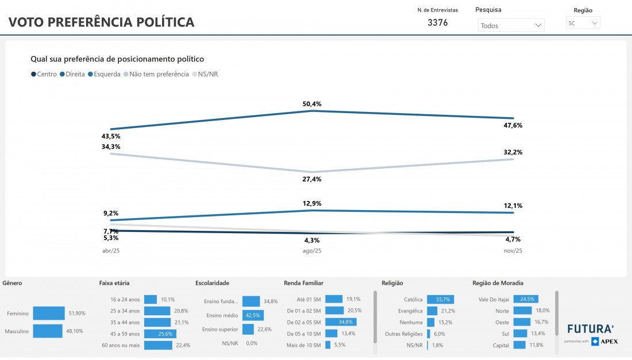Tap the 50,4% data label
[312, 104]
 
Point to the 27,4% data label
[312, 179]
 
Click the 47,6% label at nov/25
[512, 125]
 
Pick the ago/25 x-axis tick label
[312, 251]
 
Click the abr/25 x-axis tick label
[111, 251]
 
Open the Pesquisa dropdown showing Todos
[511, 25]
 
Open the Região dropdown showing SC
[583, 23]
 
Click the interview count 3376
[438, 23]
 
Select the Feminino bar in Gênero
[49, 313]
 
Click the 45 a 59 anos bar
[160, 334]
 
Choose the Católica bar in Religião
[441, 299]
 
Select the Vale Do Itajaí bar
[525, 299]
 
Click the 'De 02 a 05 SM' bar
[341, 322]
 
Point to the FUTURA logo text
[591, 329]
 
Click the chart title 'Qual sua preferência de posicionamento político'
[117, 59]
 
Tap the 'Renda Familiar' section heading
[303, 283]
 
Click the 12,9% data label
[312, 203]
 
